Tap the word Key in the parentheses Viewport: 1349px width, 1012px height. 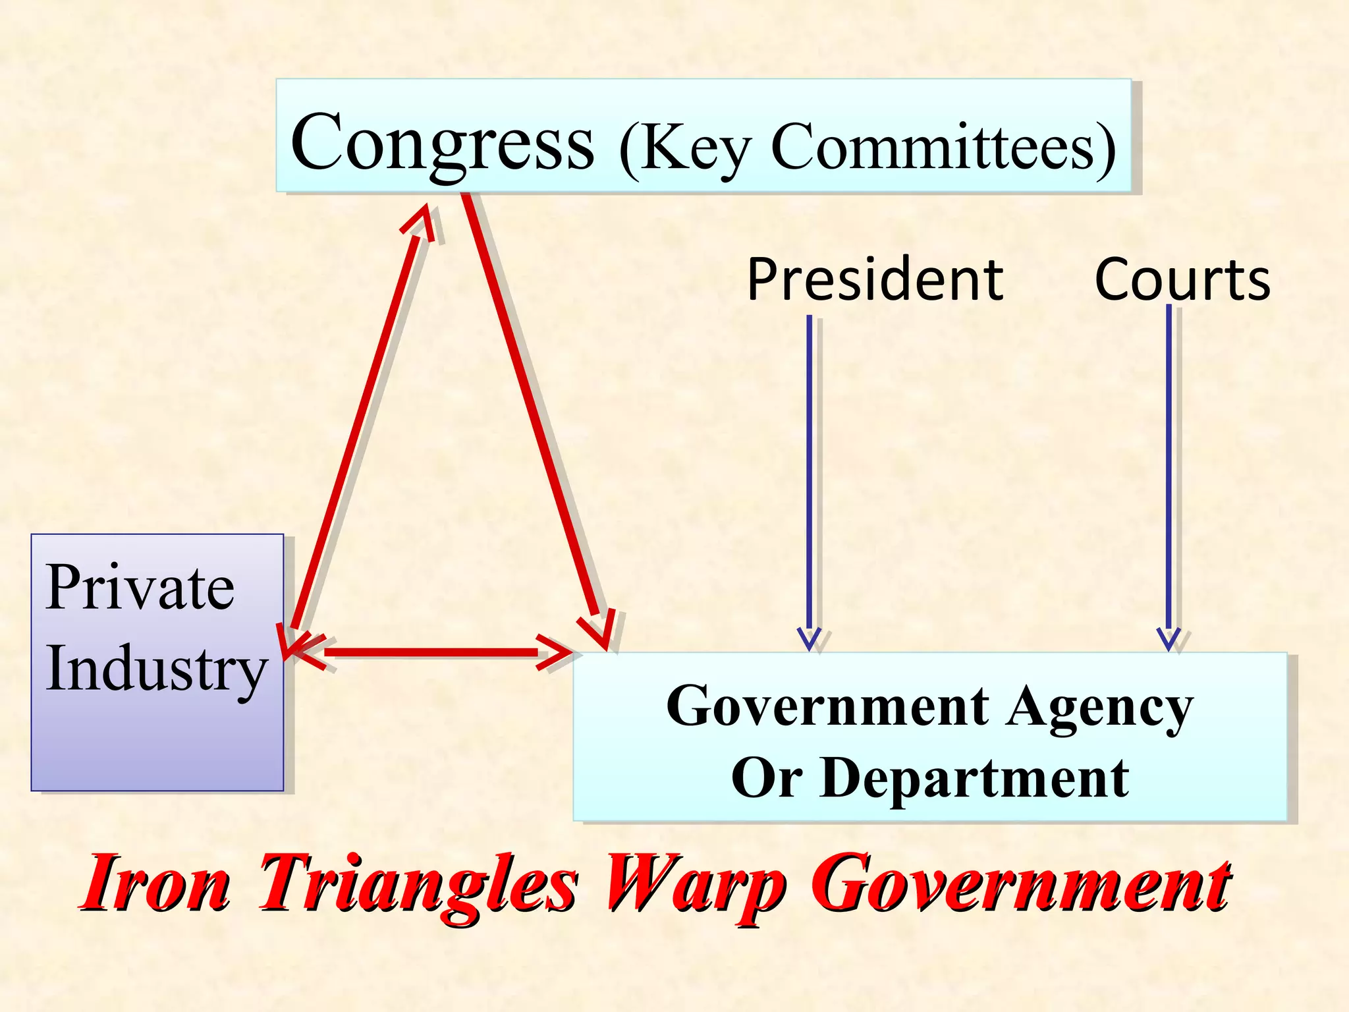click(x=695, y=148)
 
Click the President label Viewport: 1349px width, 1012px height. click(x=875, y=279)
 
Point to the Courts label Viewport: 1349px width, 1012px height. click(x=1182, y=279)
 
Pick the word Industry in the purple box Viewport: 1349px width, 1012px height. click(x=157, y=668)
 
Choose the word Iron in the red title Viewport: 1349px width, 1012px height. click(x=157, y=883)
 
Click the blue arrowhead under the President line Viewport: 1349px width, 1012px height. click(x=810, y=638)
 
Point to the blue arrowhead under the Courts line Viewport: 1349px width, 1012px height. click(x=1169, y=638)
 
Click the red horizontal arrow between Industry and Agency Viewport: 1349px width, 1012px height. click(x=431, y=652)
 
